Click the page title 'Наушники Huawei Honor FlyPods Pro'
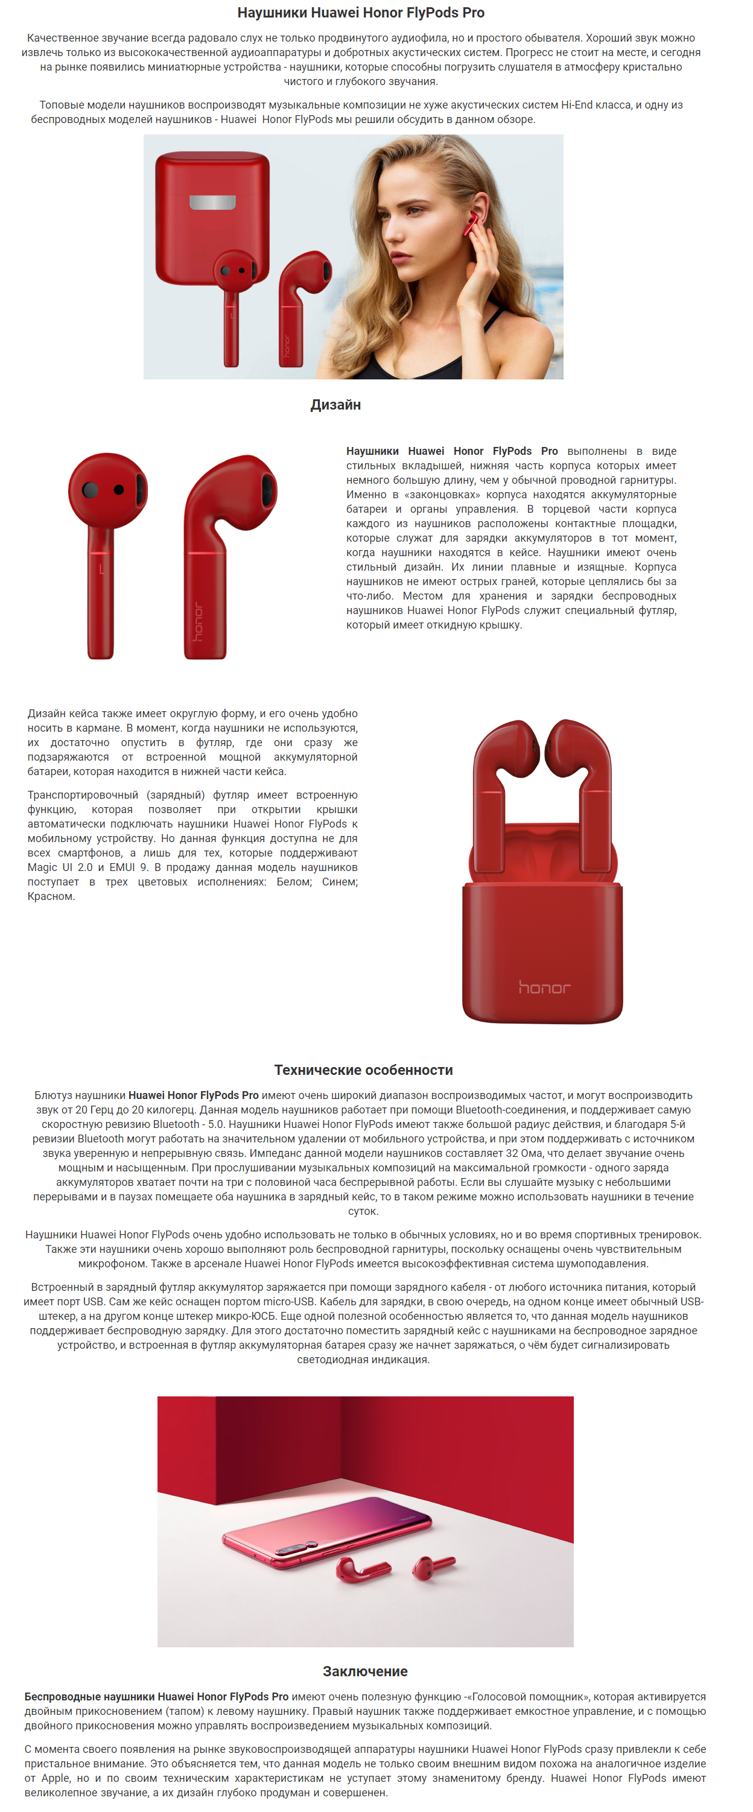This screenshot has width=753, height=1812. [360, 13]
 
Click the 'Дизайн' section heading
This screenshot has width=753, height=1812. [335, 405]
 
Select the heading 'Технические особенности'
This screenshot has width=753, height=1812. [363, 1069]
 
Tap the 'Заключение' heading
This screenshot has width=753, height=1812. [364, 1671]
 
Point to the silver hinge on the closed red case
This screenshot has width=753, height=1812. [212, 203]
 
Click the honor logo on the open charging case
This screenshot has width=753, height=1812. [544, 987]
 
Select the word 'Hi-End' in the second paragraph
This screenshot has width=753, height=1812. [577, 105]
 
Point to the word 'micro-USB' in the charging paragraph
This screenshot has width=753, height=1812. [287, 1301]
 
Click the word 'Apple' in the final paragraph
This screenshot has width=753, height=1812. [56, 1778]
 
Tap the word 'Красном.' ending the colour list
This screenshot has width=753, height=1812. [51, 896]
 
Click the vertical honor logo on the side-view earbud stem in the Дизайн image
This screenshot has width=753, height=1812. [199, 621]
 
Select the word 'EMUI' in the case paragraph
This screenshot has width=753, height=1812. [122, 867]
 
